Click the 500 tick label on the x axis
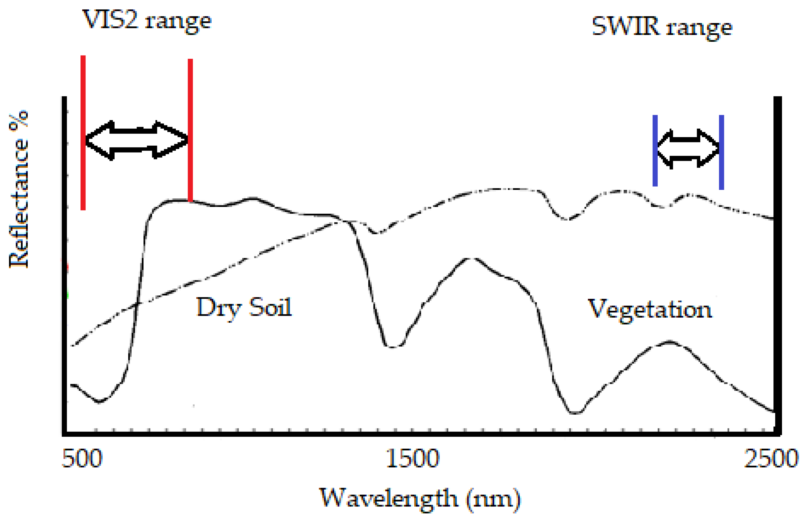coord(82,459)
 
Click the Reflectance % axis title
coord(19,189)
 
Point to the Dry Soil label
coord(244,307)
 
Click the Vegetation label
coord(650,309)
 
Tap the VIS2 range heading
coord(147,20)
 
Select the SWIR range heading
coord(662,27)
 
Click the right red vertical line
coord(190,130)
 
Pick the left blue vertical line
coord(655,151)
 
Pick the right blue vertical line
coord(722,152)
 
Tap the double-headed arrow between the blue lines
coord(688,149)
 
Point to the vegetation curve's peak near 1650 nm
coord(470,259)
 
